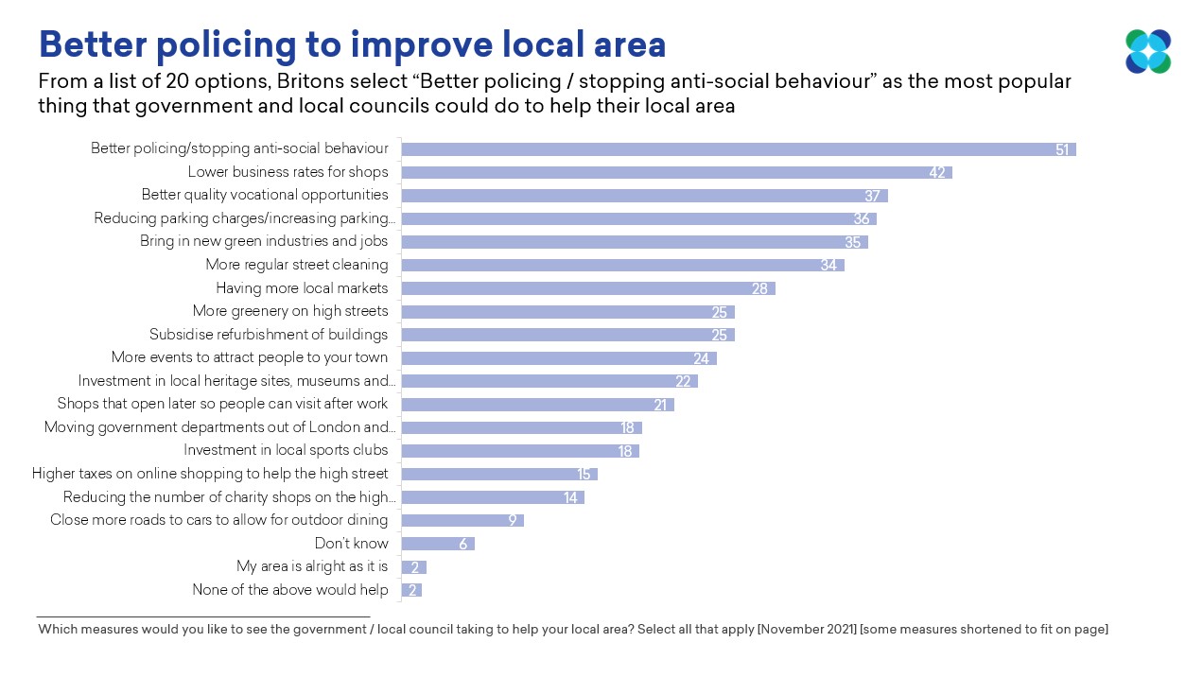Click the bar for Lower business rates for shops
click(x=676, y=172)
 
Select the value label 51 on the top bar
click(x=1062, y=149)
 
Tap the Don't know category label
click(x=351, y=544)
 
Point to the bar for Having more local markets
click(x=587, y=288)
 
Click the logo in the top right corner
click(x=1148, y=51)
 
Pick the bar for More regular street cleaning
click(x=622, y=265)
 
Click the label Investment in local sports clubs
click(x=286, y=450)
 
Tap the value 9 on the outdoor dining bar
click(x=512, y=520)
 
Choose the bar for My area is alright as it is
click(x=414, y=567)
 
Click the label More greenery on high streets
click(x=290, y=311)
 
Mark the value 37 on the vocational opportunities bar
click(x=872, y=196)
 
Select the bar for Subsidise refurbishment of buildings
click(x=567, y=335)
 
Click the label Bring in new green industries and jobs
click(x=264, y=241)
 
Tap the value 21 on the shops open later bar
click(x=660, y=405)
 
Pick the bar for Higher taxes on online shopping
click(x=499, y=474)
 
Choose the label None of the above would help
click(x=290, y=590)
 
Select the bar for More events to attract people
click(x=559, y=358)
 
